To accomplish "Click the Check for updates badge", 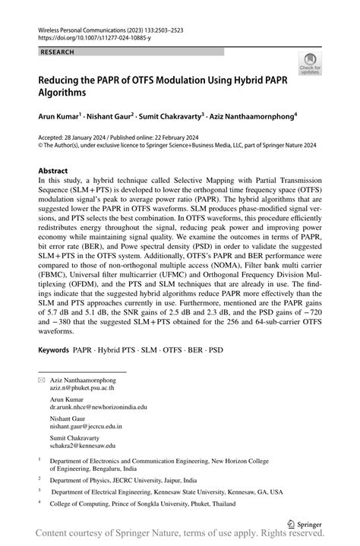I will (310, 64).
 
